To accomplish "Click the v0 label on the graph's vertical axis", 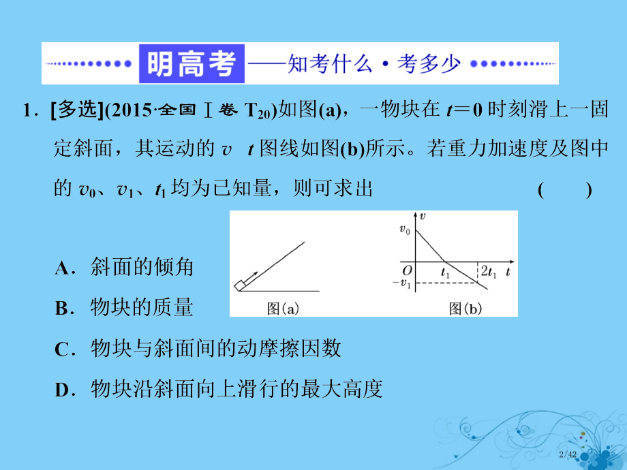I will tap(405, 231).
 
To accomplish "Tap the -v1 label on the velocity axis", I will tap(404, 283).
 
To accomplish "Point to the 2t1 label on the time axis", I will tap(487, 272).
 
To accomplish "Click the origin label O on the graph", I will tap(406, 271).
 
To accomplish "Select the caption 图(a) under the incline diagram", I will tap(283, 309).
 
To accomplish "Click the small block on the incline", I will tap(241, 285).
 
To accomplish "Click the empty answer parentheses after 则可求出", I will tap(564, 190).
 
